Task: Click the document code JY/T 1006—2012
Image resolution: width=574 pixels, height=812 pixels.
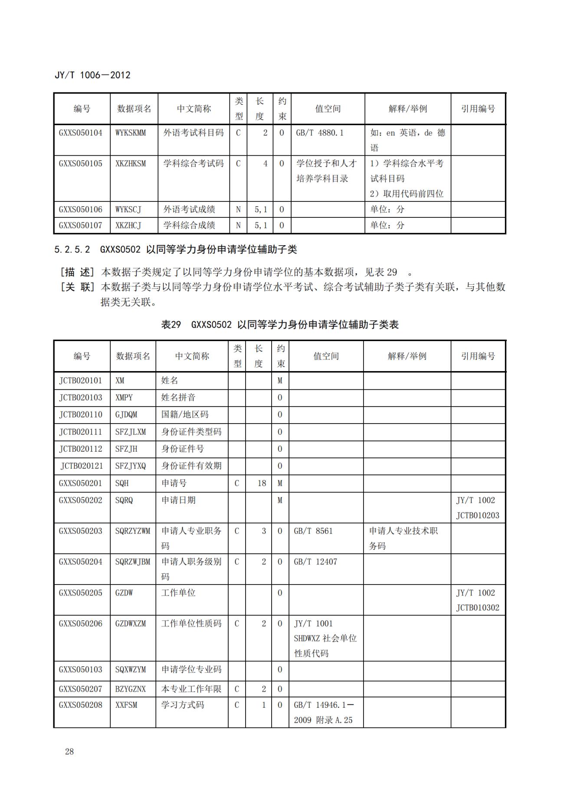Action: click(92, 75)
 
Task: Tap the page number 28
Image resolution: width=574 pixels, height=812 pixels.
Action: click(69, 752)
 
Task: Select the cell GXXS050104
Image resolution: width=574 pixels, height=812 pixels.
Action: click(81, 133)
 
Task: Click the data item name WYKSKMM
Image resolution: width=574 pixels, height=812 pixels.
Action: click(131, 133)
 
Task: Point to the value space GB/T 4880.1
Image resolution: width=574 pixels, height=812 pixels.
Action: click(320, 133)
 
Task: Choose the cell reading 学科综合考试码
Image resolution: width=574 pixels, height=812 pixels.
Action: click(194, 164)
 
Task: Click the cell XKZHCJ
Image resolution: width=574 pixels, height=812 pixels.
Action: click(128, 225)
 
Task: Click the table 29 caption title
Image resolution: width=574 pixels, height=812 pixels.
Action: click(280, 325)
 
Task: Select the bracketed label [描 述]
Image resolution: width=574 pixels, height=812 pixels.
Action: click(77, 273)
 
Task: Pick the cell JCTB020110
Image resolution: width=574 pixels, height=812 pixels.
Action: click(81, 414)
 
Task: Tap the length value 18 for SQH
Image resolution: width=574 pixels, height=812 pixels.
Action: click(262, 483)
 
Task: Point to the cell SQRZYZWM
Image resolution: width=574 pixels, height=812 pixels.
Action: click(133, 531)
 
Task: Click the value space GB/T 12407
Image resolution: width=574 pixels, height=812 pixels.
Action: click(315, 562)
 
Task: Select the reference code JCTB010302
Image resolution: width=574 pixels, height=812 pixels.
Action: click(478, 608)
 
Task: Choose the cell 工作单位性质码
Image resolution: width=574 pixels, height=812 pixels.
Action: click(191, 624)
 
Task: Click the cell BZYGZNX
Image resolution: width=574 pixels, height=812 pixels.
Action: click(131, 689)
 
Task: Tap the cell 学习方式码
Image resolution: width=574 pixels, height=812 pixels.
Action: click(183, 705)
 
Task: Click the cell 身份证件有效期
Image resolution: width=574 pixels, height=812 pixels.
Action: click(191, 466)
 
